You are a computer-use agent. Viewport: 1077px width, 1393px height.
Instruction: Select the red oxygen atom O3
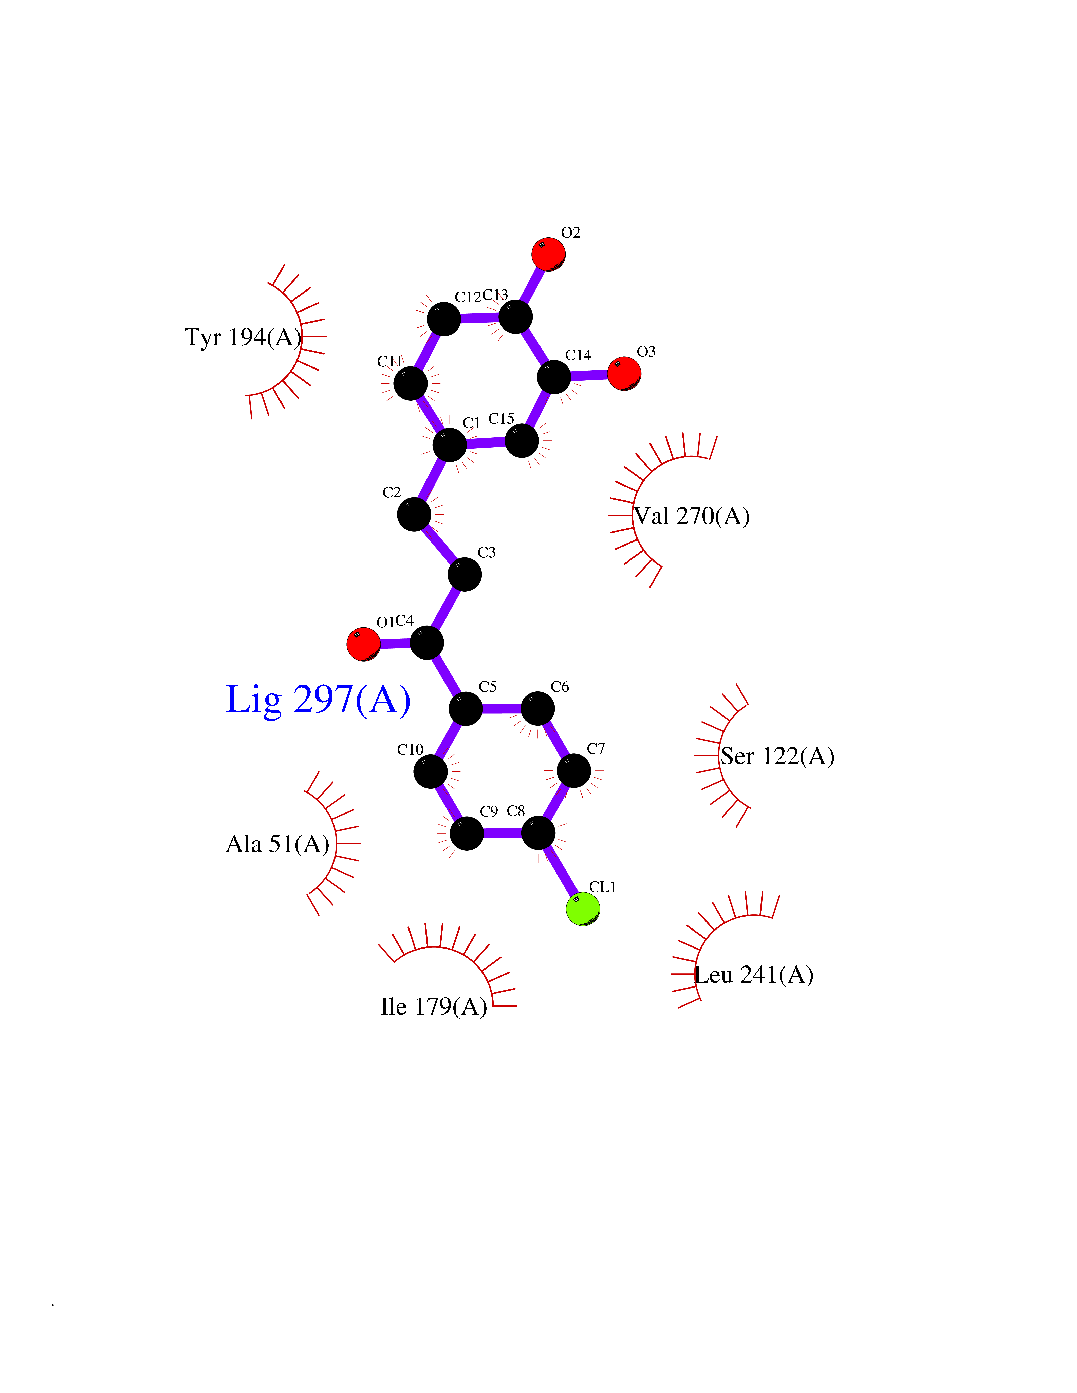(x=624, y=373)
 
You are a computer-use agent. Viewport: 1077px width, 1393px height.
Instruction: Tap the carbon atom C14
(x=554, y=377)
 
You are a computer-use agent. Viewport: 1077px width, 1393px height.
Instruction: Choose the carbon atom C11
(x=410, y=383)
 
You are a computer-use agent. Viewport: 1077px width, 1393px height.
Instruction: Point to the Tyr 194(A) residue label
(x=243, y=337)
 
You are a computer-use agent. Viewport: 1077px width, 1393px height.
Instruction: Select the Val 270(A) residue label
(x=692, y=516)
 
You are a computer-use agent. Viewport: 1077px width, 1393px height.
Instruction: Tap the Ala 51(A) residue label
(x=277, y=844)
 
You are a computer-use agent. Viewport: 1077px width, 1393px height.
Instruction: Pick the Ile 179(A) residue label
(x=434, y=1007)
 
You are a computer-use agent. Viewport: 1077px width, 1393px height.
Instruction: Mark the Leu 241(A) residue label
(x=754, y=975)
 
